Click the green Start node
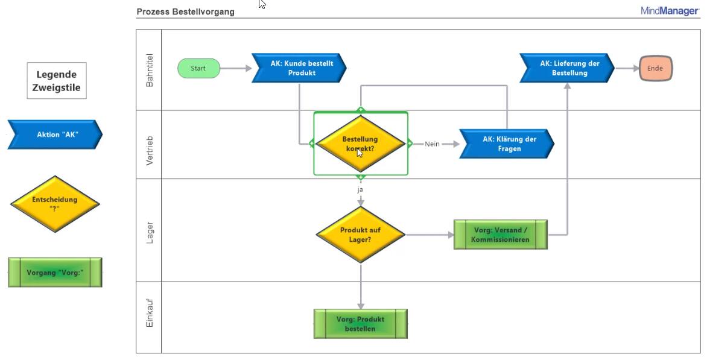coord(198,68)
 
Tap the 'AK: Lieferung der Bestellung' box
coord(568,68)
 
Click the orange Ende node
coord(655,68)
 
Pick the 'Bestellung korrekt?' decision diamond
coord(360,144)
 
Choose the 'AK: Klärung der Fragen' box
coord(507,144)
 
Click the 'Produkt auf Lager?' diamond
coord(361,235)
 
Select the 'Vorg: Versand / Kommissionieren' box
coord(500,235)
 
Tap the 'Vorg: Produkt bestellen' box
coord(360,324)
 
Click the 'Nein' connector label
coord(432,144)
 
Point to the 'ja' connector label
coord(360,189)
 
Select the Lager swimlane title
coord(150,233)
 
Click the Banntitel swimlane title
coord(150,71)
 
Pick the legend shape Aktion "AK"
coord(55,134)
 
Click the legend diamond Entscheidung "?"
coord(54,203)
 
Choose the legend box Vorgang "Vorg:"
coord(55,273)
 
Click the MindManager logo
coord(670,11)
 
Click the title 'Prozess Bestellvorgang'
coord(185,11)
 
